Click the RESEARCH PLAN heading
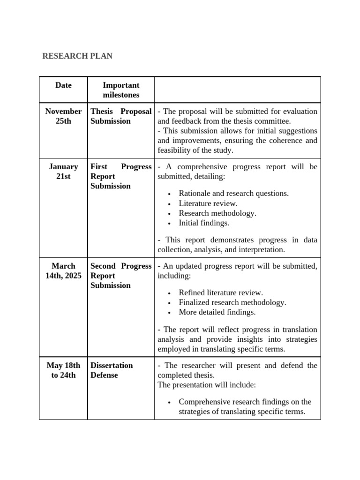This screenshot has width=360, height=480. (77, 56)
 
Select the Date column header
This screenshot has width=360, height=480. (63, 85)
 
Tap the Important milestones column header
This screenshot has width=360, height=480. (121, 90)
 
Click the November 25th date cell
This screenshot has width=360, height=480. (63, 116)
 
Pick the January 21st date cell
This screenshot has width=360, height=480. (63, 172)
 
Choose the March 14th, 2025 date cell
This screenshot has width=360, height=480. (63, 271)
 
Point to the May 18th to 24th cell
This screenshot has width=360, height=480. (63, 370)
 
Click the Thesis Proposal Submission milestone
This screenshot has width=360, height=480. (121, 116)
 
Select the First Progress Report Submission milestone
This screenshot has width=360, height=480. (121, 176)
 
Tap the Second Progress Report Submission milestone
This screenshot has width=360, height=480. (121, 276)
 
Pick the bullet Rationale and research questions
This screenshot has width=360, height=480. (233, 193)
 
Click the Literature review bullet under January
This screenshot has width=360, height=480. (208, 203)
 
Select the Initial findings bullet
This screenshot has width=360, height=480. (204, 223)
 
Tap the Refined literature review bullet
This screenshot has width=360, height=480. (221, 292)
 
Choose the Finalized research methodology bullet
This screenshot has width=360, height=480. (232, 302)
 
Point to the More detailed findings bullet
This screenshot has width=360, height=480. (217, 312)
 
